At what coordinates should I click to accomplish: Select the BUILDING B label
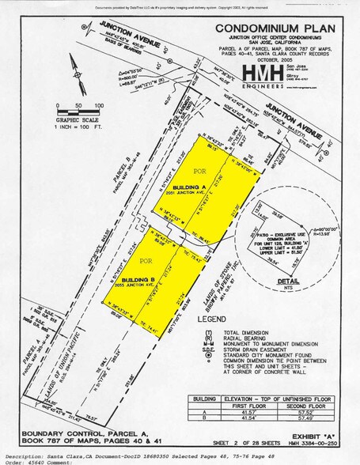[137, 279]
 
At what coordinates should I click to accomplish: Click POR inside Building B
[146, 260]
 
